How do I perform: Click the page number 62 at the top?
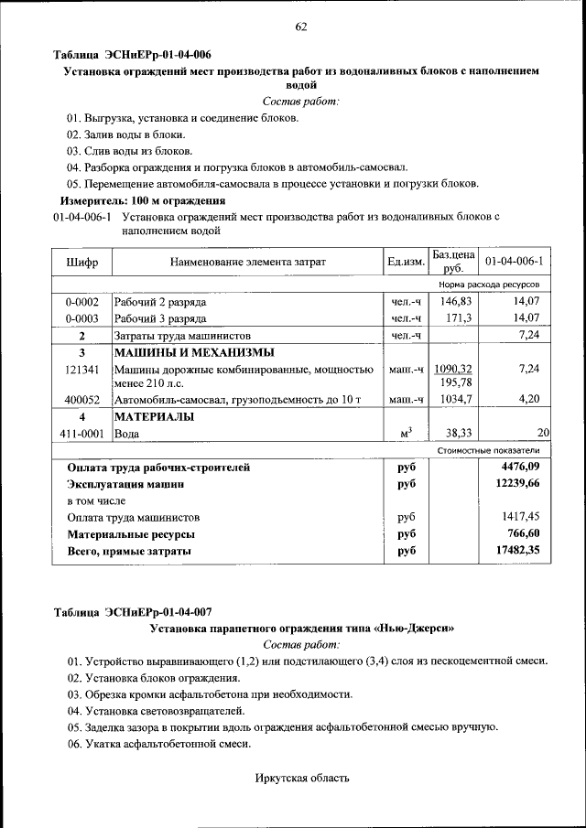click(299, 27)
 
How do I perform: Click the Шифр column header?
click(81, 263)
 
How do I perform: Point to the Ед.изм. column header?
click(406, 263)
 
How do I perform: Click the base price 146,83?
click(454, 301)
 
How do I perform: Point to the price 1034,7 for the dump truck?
click(454, 400)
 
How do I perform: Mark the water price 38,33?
click(456, 433)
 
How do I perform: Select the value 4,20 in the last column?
click(528, 400)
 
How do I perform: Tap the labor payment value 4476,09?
click(519, 468)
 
